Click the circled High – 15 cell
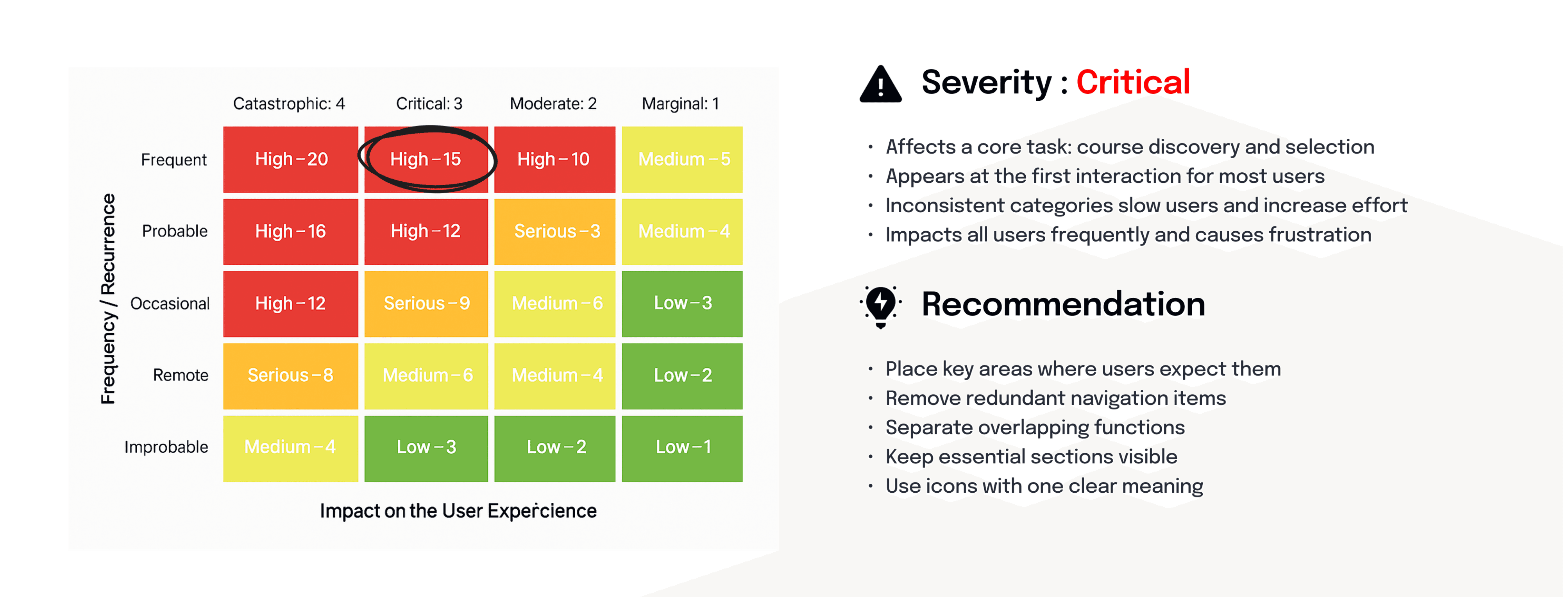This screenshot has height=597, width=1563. (x=426, y=159)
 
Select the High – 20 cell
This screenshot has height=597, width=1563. (x=291, y=159)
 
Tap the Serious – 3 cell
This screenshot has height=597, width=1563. (x=554, y=232)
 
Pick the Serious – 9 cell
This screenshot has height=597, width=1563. (x=426, y=303)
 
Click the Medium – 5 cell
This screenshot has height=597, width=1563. (x=682, y=159)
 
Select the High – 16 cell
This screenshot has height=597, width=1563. (x=291, y=232)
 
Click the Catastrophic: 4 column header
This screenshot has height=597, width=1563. (x=289, y=104)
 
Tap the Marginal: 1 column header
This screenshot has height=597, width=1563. (x=680, y=104)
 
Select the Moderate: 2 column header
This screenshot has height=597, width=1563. (x=553, y=104)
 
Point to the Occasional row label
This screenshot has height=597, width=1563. (x=170, y=303)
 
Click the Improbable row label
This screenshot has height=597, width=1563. (x=166, y=447)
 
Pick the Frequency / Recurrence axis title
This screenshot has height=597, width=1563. (x=108, y=298)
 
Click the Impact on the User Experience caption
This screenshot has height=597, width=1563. (x=458, y=511)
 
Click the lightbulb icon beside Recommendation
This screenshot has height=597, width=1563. (x=880, y=306)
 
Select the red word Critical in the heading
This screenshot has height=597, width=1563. (x=1133, y=82)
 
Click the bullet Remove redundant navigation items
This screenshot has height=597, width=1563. (x=1056, y=398)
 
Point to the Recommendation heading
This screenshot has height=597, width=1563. (x=1063, y=304)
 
